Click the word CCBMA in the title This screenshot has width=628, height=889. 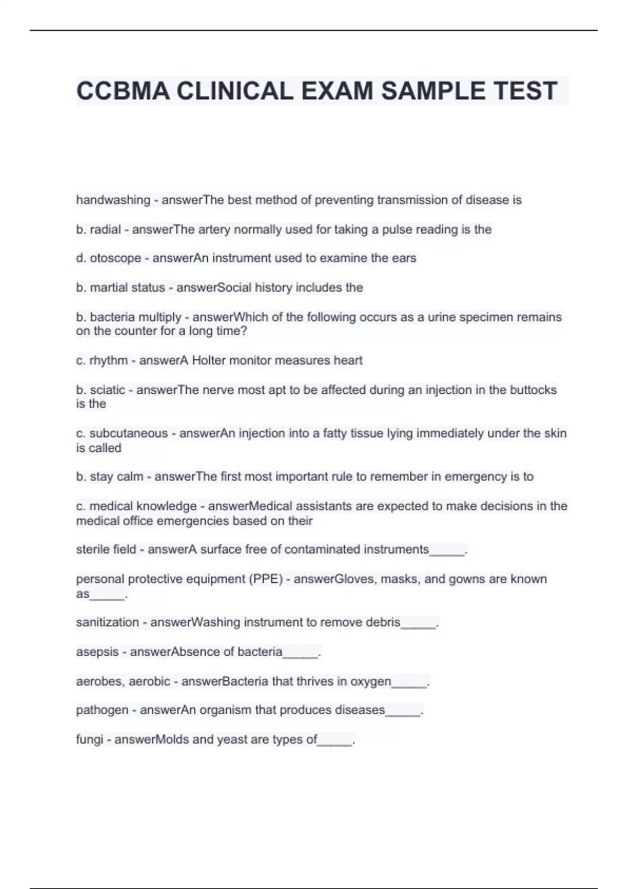(124, 92)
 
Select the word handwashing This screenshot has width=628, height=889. (113, 200)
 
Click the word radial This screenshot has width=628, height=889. (105, 230)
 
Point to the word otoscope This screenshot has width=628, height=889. (115, 258)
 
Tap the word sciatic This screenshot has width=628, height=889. (107, 390)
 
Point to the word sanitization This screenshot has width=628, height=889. (107, 622)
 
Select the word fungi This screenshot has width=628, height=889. (89, 739)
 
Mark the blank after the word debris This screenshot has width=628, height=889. (419, 623)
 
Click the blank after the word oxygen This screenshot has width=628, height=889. (410, 682)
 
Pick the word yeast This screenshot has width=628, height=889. (253, 739)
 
